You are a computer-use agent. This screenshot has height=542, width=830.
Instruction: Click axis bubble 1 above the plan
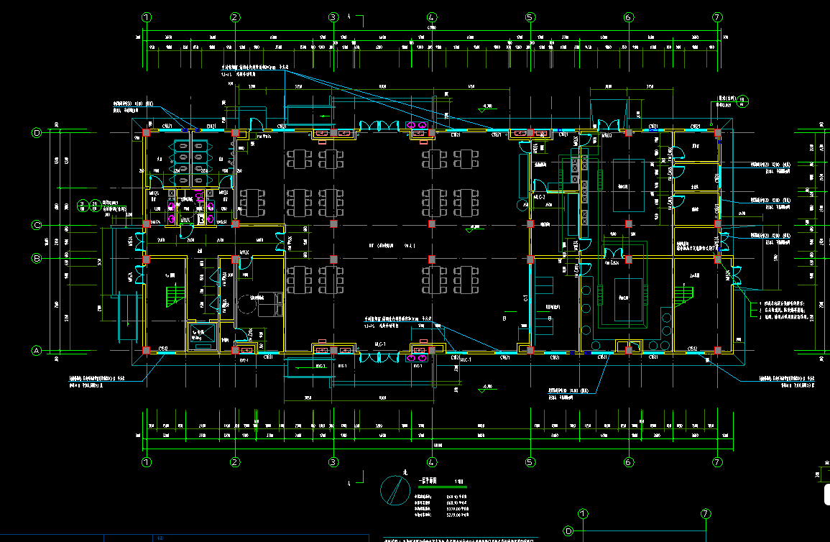(147, 17)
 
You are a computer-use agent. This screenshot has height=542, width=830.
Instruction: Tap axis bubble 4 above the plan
(432, 17)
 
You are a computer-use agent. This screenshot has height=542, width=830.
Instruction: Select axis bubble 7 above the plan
(716, 17)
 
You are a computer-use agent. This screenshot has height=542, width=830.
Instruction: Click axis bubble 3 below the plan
(333, 461)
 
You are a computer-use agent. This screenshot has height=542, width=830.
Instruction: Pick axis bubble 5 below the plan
(530, 461)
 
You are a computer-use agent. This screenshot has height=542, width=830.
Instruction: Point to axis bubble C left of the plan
(37, 225)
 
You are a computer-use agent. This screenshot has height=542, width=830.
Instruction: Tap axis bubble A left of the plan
(37, 351)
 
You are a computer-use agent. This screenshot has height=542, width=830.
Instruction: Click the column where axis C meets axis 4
(431, 224)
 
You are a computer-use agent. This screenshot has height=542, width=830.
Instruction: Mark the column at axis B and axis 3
(333, 259)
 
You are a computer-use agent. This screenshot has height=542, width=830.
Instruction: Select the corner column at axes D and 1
(147, 133)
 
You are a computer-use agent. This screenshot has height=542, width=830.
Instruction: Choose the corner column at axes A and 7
(717, 351)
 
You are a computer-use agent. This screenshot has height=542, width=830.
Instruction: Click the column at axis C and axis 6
(628, 224)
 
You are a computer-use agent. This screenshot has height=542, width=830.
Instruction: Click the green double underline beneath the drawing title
(432, 488)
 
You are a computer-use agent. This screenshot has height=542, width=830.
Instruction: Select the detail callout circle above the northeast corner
(743, 101)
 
